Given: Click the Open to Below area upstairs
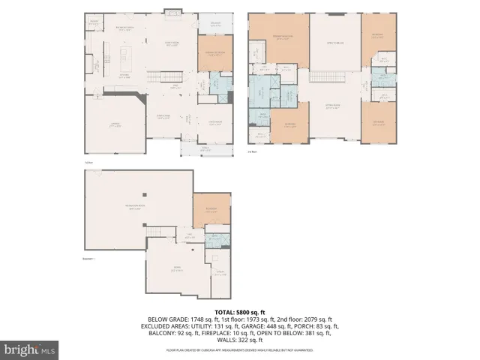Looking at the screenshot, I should click(334, 45).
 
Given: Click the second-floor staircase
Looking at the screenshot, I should click(327, 78).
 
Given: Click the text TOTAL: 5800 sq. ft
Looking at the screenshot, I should click(240, 310).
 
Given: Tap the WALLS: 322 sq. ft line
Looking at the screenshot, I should click(240, 340).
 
